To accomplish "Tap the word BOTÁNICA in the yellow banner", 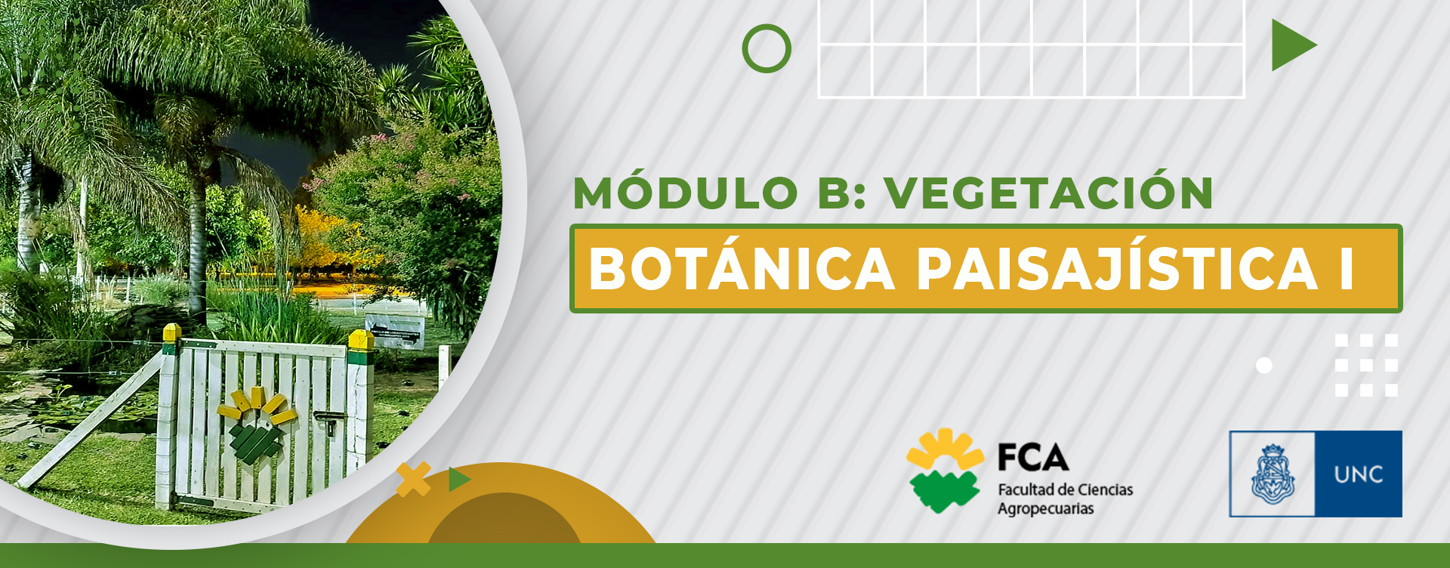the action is coord(742,269).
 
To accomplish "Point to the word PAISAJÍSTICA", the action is coord(1118,269).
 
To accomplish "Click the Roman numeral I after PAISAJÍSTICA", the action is coord(1347,269).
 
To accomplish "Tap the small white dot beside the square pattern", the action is coord(1264,366).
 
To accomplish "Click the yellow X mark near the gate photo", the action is coord(413,479).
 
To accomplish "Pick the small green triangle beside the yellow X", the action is coord(458,480).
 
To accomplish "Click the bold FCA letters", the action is coord(1033,458).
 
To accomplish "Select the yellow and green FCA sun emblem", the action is coord(945,471).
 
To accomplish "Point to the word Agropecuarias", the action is coord(1045,509).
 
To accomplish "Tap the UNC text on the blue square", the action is coord(1359,474).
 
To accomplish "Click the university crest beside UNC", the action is coord(1273,474).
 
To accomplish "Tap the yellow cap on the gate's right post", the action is coord(361,340).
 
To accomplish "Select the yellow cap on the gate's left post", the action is coord(171,332).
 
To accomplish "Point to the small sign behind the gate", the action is coord(395,330).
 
